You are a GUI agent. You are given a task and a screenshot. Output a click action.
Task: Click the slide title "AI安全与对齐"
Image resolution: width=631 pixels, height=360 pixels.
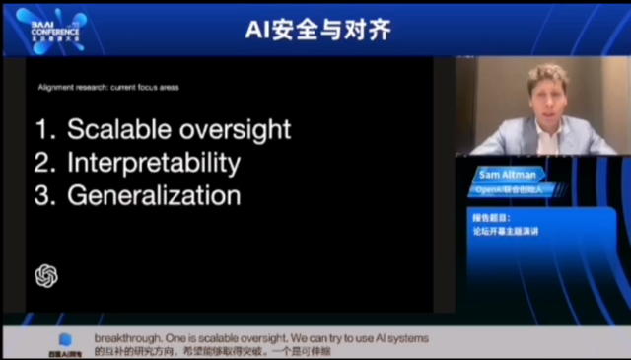317,30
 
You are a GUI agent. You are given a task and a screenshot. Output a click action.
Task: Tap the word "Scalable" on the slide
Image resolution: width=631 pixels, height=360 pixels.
117,129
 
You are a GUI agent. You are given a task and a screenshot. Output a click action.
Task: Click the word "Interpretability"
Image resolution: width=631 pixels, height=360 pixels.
153,162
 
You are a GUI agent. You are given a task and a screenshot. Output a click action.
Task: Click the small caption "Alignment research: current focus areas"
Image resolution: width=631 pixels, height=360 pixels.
108,88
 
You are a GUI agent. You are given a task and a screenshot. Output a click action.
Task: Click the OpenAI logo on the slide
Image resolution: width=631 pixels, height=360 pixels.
47,276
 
